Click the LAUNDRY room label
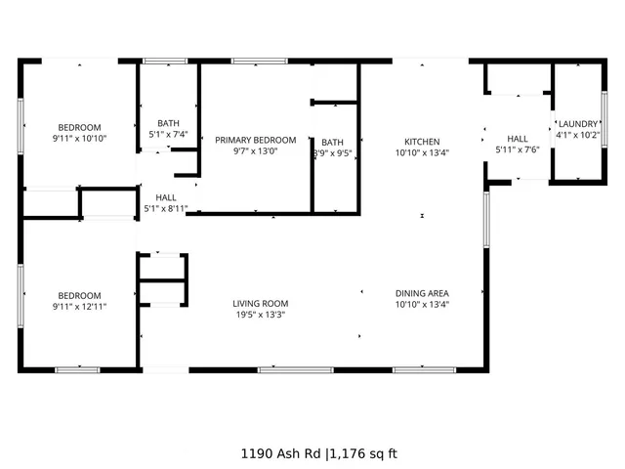pos(578,124)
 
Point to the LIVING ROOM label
pos(260,303)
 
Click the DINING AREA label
pos(422,293)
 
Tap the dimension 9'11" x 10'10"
pos(79,139)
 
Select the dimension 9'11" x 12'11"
pos(79,307)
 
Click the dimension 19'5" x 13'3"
pos(260,315)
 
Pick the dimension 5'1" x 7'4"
pos(168,134)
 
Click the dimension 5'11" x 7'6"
pos(517,149)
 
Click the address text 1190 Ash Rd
pos(281,453)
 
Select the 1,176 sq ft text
pos(363,453)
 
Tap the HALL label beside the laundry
pos(517,139)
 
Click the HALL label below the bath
pos(166,197)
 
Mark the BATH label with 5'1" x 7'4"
pos(168,123)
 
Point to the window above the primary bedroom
pos(259,62)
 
